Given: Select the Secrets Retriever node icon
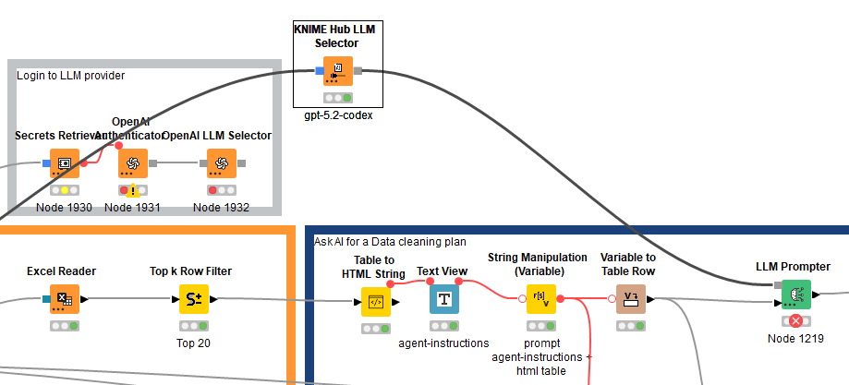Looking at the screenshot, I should click(x=65, y=163).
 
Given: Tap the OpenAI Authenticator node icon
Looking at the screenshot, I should click(x=132, y=163).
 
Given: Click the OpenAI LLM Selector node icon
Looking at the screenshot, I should click(x=221, y=163).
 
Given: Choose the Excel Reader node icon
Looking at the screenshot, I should click(x=64, y=299).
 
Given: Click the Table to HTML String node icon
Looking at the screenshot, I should click(x=376, y=301).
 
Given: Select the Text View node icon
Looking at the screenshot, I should click(x=444, y=299).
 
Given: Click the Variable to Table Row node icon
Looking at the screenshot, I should click(x=632, y=299).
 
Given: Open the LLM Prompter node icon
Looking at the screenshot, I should click(x=794, y=295).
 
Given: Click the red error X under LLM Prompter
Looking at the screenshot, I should click(x=794, y=321).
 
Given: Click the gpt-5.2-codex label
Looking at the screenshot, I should click(x=337, y=116).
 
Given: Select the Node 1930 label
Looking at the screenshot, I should click(x=64, y=208).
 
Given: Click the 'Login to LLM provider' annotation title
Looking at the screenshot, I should click(x=70, y=75).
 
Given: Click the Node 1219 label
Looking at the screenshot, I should click(x=794, y=339).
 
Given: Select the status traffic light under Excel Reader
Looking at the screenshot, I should click(x=64, y=326).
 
